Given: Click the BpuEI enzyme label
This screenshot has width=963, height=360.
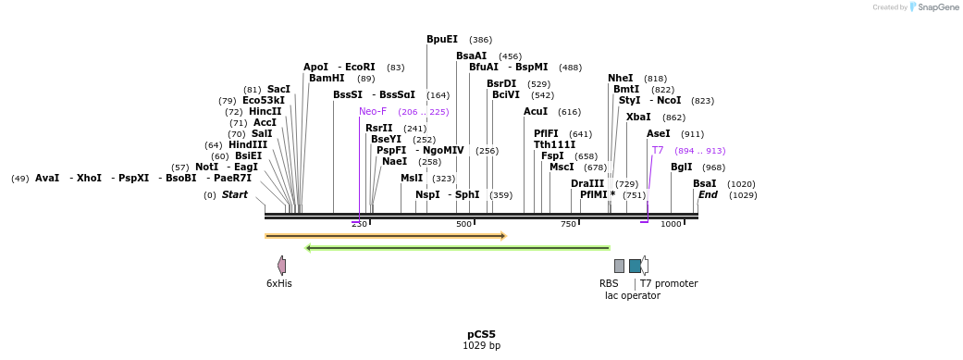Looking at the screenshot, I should coord(441,40).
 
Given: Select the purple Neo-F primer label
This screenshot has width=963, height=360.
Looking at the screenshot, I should coord(373,112).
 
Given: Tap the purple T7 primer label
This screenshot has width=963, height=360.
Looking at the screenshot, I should coord(658,150).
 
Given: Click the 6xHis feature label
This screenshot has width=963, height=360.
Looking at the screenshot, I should coord(278,283).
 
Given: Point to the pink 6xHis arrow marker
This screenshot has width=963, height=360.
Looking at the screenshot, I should coord(281,266).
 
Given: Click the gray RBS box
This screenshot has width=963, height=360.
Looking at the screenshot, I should coord(619,266).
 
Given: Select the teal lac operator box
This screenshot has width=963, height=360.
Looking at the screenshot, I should coord(635,266).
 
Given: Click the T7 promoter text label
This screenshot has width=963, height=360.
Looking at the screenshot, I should coord(669,283).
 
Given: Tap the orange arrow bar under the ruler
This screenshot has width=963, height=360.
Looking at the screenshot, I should coord(385,236).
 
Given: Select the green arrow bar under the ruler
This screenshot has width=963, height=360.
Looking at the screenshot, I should coord(457,248).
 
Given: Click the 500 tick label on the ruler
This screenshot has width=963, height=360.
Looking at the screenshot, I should coord(463,224).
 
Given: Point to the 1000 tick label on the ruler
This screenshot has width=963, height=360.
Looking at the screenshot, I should coord(671,224).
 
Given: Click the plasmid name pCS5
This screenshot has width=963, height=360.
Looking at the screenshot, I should coord(481,334).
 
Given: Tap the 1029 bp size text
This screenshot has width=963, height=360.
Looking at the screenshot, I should coord(481,346).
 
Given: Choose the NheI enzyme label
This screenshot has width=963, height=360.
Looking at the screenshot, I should coord(620,79).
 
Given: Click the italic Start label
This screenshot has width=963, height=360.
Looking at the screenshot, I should coord(234,195).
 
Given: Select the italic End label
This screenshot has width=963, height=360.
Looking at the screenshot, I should coord(708,195).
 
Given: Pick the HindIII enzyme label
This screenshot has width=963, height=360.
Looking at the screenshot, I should coord(248,145).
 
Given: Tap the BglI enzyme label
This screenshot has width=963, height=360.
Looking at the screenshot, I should coord(681,168).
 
